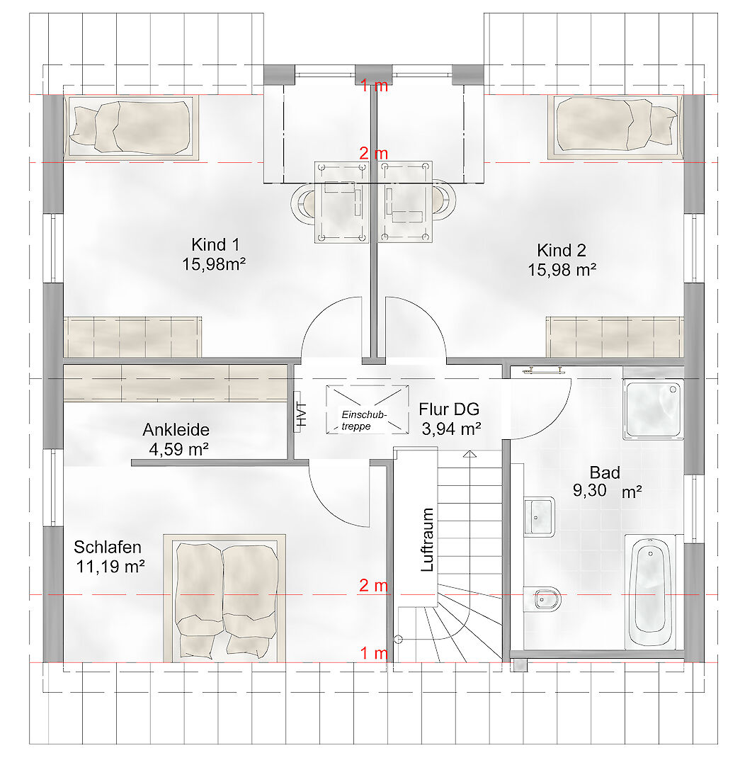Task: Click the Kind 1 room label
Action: click(215, 244)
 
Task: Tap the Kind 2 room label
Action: click(562, 250)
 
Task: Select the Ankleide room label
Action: click(176, 429)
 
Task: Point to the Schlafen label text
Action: click(108, 547)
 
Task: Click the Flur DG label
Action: click(449, 409)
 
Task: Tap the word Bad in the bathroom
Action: click(605, 472)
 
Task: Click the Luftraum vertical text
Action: click(427, 540)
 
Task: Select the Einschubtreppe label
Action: click(364, 421)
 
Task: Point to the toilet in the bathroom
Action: click(542, 599)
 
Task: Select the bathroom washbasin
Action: click(540, 516)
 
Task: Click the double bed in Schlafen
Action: click(224, 598)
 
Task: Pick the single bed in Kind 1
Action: click(131, 127)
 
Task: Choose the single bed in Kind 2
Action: click(615, 127)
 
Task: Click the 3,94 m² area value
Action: click(451, 429)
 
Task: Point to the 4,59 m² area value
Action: click(179, 449)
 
